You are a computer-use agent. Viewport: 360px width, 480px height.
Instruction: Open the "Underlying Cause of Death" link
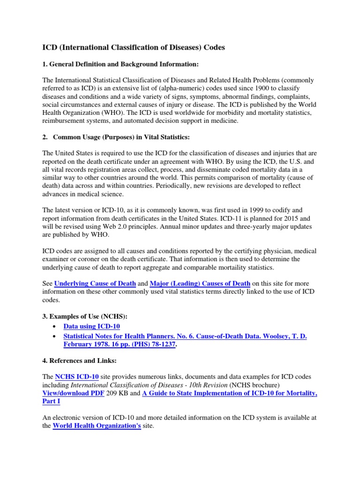[x=95, y=284]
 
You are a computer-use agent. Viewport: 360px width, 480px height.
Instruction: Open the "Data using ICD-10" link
[x=95, y=326]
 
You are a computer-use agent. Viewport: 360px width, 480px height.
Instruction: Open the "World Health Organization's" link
[x=97, y=426]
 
